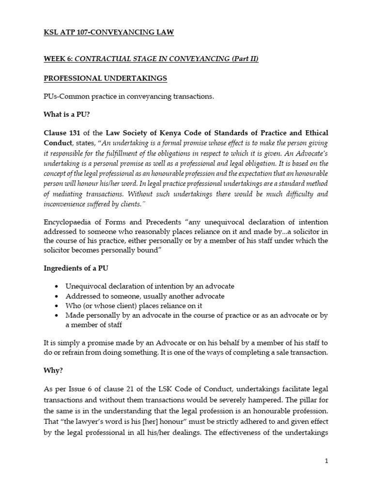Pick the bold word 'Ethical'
[315, 133]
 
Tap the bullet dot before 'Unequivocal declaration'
[58, 286]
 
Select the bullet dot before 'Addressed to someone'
[58, 296]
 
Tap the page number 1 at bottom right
[327, 462]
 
